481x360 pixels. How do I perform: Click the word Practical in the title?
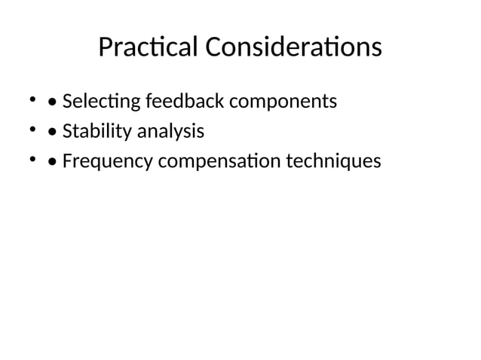click(149, 48)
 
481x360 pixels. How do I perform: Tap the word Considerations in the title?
click(294, 48)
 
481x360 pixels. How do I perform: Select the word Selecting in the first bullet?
click(102, 101)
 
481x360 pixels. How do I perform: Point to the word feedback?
click(184, 101)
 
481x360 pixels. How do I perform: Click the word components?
click(283, 101)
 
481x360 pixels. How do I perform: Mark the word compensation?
click(209, 162)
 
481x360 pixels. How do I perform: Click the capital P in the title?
click(106, 48)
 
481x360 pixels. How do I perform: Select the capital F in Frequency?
click(67, 162)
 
